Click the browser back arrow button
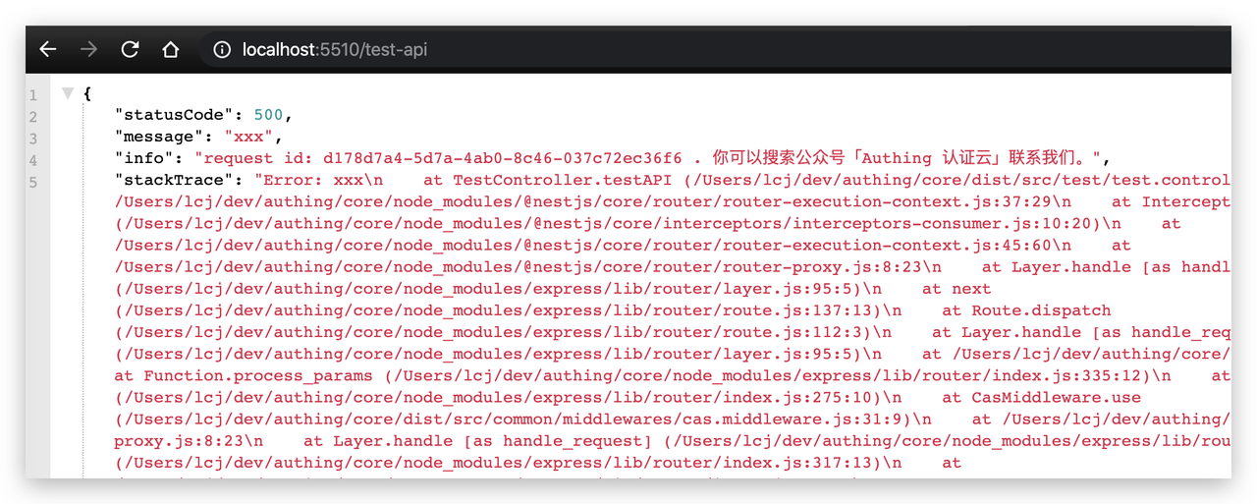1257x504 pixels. [x=47, y=49]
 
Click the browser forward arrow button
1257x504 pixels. [x=88, y=49]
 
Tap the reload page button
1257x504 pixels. [x=130, y=49]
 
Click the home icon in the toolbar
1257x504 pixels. [x=171, y=49]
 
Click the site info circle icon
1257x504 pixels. [x=223, y=49]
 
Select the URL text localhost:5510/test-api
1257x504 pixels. [x=334, y=49]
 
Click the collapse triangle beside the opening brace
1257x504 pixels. [x=67, y=93]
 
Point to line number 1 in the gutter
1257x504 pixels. [x=33, y=95]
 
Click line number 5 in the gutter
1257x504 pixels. [x=33, y=182]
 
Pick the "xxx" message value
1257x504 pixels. [x=252, y=137]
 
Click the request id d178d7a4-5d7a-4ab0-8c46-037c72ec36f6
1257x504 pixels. [x=500, y=158]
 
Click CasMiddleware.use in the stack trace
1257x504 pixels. [x=1056, y=397]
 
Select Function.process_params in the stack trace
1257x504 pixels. [x=257, y=375]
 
